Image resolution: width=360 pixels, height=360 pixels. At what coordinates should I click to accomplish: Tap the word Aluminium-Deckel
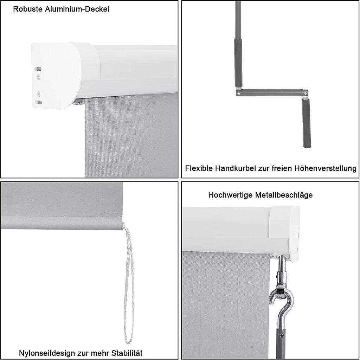77,9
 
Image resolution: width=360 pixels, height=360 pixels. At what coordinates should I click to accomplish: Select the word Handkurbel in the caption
235,168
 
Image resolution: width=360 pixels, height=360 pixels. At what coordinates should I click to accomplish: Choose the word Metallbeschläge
284,195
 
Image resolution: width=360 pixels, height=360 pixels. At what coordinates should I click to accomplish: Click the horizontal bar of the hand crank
272,92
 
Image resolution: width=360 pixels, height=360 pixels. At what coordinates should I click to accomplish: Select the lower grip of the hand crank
306,123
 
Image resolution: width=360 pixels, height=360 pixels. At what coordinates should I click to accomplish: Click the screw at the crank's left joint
239,93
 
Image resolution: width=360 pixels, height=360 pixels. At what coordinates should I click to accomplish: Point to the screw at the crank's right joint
305,93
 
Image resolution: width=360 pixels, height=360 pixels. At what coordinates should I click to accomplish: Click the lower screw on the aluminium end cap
39,94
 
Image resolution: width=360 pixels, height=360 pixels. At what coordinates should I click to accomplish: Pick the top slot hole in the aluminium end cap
38,69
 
